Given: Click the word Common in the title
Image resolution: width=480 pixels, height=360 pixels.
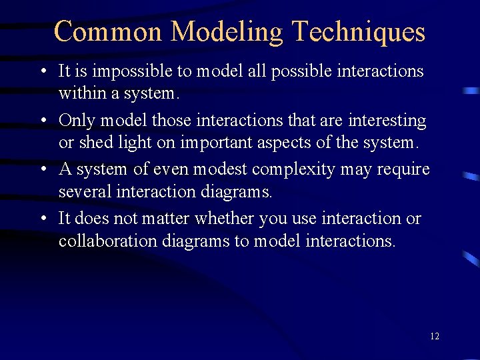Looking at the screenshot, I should [x=107, y=31].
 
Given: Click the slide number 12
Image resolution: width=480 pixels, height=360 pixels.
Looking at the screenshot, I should [x=435, y=336].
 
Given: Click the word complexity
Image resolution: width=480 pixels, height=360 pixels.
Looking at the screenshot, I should [x=303, y=169].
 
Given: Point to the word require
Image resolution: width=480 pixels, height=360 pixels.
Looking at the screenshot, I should [x=403, y=169].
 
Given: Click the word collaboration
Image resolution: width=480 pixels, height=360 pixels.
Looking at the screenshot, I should [x=108, y=241].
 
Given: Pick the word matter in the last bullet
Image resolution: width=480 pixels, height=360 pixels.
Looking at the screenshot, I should [x=165, y=219].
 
